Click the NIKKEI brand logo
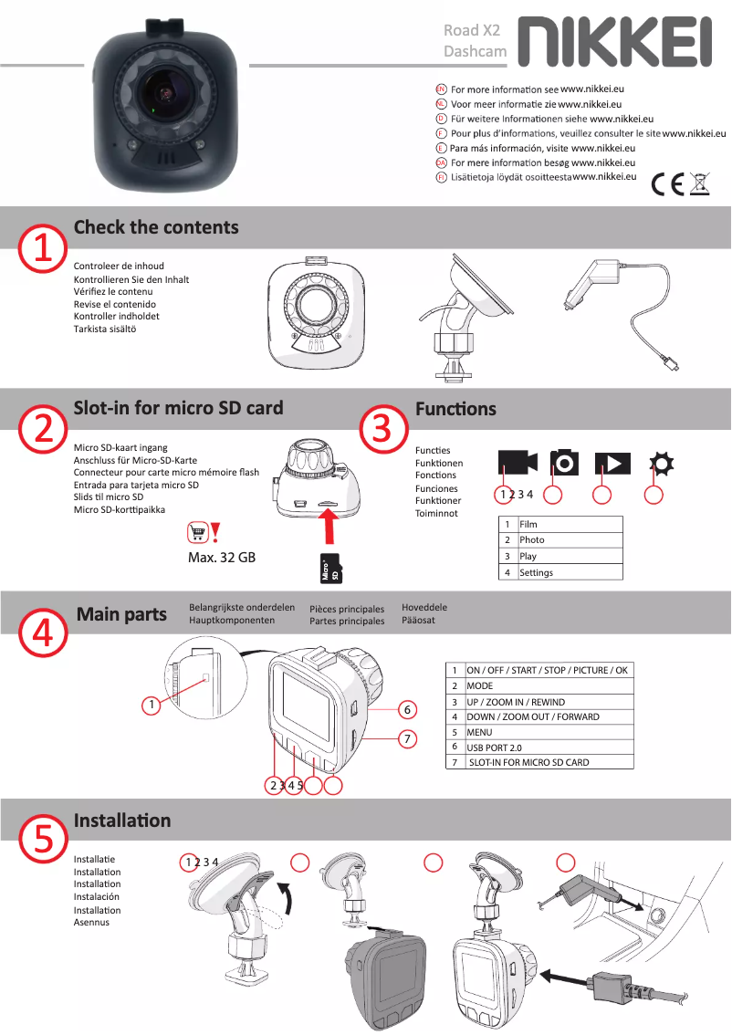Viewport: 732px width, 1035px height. click(614, 42)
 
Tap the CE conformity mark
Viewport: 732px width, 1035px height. click(667, 184)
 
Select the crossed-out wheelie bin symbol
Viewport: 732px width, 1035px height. click(700, 183)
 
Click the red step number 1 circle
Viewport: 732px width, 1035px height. click(43, 249)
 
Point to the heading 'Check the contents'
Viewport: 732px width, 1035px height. click(156, 227)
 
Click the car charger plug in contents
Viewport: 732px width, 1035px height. click(620, 311)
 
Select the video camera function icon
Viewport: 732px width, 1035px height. click(518, 463)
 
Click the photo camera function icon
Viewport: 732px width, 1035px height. click(564, 462)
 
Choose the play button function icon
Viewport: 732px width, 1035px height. click(612, 464)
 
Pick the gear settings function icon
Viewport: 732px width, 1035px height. click(662, 464)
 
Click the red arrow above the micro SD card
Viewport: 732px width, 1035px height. click(329, 526)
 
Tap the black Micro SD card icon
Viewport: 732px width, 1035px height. click(330, 569)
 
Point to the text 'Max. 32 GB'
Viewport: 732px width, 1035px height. click(222, 558)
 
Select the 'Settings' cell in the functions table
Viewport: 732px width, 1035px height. click(570, 572)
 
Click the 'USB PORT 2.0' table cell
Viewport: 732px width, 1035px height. click(549, 747)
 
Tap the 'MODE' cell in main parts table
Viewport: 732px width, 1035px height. click(549, 685)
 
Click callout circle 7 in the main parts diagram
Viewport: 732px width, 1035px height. click(407, 738)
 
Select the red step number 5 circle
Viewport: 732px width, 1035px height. click(43, 839)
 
